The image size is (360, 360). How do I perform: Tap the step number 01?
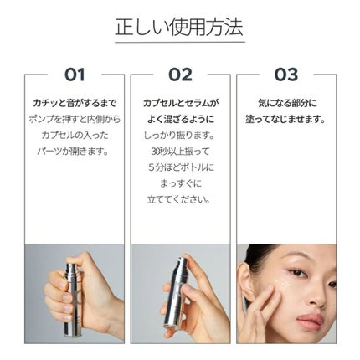pos(74,75)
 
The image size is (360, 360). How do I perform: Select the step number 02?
pos(179,75)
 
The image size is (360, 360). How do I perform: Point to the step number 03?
pos(285,75)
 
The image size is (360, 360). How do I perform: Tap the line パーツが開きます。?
pos(74,152)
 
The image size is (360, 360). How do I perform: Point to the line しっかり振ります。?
pos(180,136)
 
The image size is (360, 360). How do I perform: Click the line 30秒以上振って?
pos(180,152)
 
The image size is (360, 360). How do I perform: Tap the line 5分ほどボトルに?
pos(180,167)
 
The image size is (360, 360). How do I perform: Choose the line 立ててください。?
pos(180,199)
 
